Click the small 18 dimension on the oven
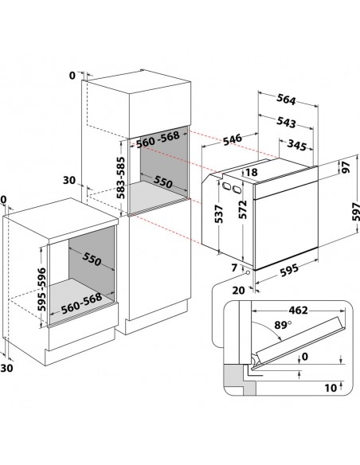(252, 173)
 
